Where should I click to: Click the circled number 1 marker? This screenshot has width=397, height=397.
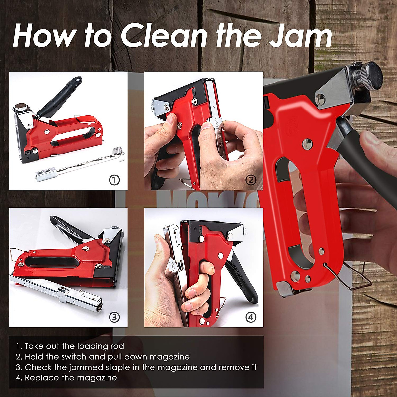pyautogui.click(x=114, y=180)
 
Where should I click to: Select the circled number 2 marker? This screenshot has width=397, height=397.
pyautogui.click(x=251, y=180)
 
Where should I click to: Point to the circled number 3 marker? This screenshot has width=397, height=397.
pyautogui.click(x=114, y=317)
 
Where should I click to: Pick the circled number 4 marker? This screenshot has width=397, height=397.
pyautogui.click(x=251, y=317)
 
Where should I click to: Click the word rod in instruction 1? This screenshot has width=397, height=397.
pyautogui.click(x=117, y=346)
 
